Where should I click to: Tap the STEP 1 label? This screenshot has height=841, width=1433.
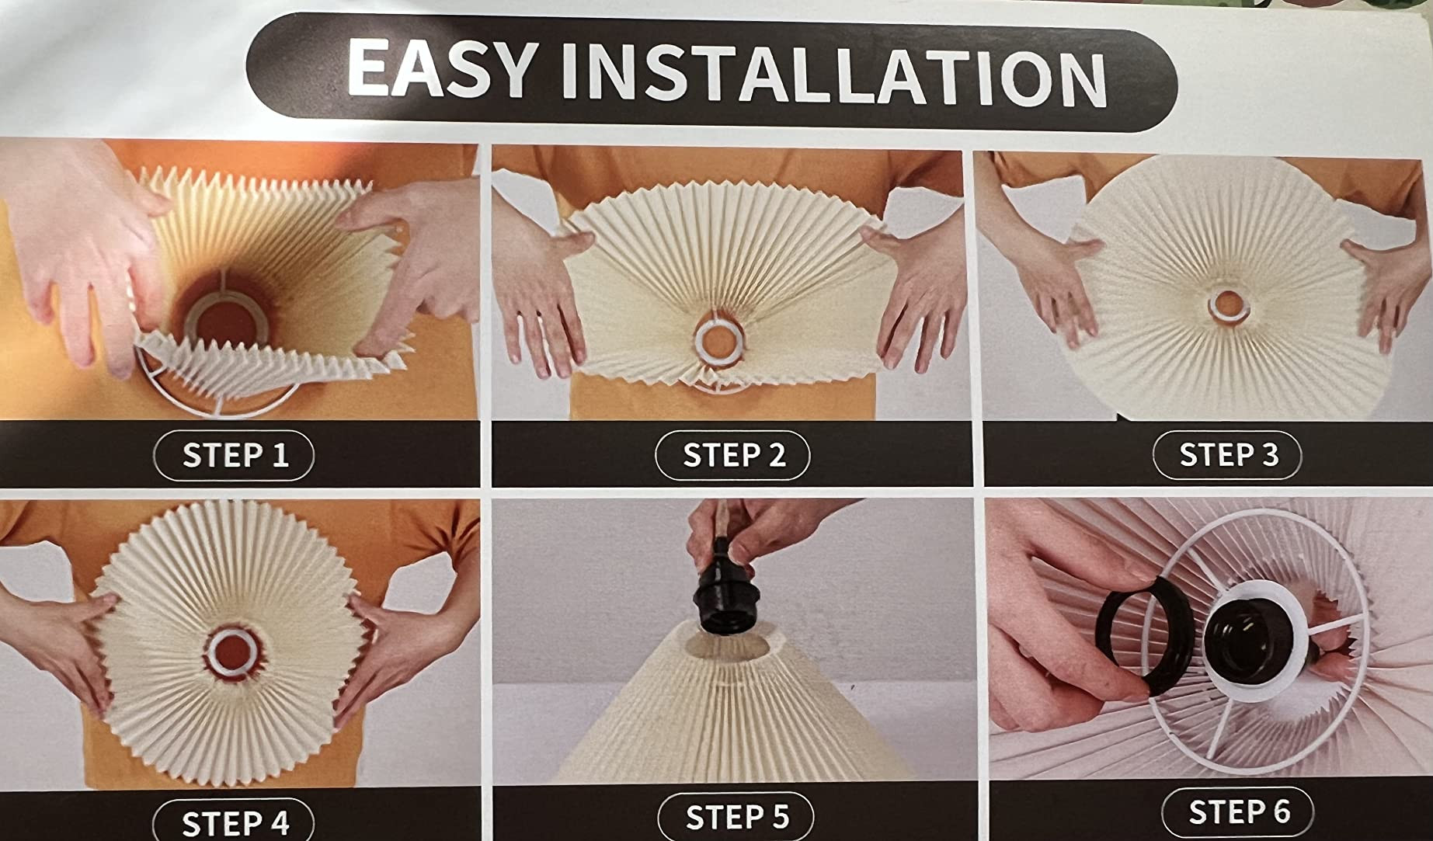pos(235,455)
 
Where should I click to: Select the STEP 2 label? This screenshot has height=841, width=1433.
pos(733,455)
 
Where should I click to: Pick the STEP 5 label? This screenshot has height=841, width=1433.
pos(736,817)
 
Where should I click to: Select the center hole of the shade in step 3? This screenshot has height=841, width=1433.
pos(1228,305)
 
